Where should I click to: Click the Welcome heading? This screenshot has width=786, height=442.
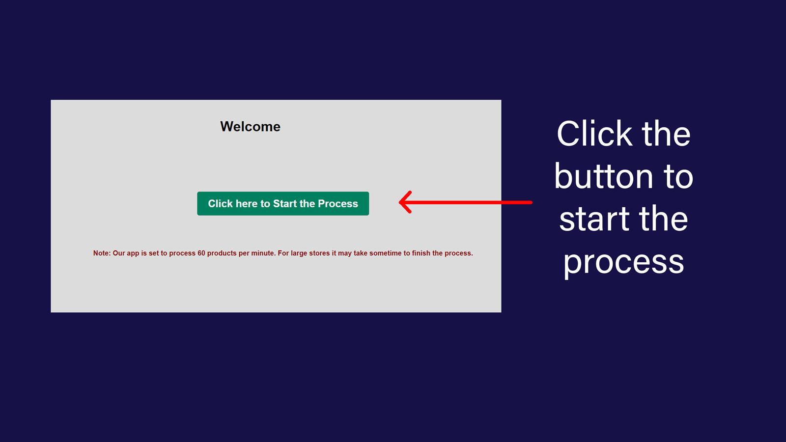pyautogui.click(x=250, y=127)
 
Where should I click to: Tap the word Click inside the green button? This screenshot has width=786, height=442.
pyautogui.click(x=221, y=203)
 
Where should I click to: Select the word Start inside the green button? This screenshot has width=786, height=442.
pyautogui.click(x=284, y=203)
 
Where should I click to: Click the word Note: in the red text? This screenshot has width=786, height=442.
pyautogui.click(x=102, y=253)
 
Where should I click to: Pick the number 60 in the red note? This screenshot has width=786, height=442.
pyautogui.click(x=201, y=253)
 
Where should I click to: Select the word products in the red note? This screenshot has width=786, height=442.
pyautogui.click(x=222, y=253)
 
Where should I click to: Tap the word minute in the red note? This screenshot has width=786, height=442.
pyautogui.click(x=263, y=253)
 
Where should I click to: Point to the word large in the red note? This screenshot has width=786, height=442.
pyautogui.click(x=299, y=253)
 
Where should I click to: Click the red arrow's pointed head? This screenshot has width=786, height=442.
pyautogui.click(x=400, y=202)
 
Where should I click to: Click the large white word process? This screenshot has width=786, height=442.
pyautogui.click(x=623, y=263)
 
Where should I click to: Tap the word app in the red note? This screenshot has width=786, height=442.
pyautogui.click(x=133, y=253)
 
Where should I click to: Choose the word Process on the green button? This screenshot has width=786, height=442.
pyautogui.click(x=338, y=203)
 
